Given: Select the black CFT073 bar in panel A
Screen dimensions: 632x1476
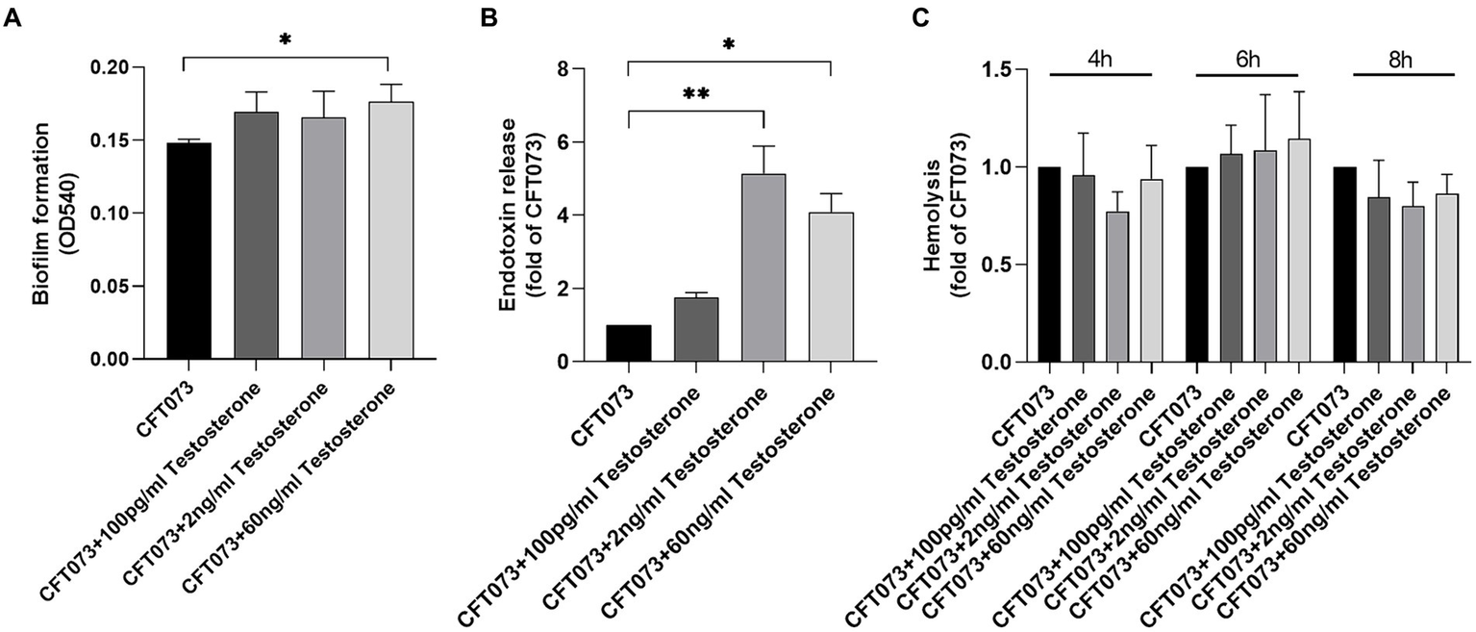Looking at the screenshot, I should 188,252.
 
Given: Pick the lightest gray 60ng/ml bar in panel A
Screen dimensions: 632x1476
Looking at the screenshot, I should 390,231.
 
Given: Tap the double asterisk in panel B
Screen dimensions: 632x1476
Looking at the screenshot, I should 695,95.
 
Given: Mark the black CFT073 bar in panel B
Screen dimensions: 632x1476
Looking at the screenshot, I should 628,343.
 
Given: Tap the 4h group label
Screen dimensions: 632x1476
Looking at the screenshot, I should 1099,60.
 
